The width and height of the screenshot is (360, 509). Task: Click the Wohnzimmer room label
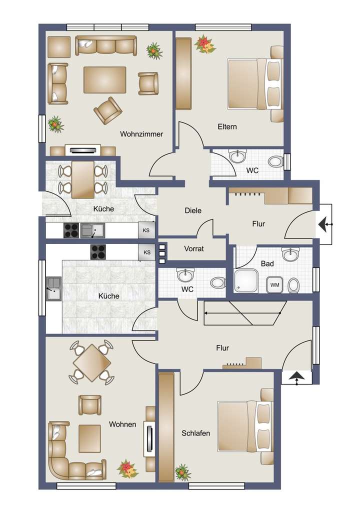[142, 134]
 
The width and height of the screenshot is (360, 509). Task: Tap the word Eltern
[227, 126]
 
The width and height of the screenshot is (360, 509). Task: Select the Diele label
[192, 210]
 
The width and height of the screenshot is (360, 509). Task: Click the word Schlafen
[195, 433]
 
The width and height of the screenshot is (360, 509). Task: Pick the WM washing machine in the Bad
[275, 284]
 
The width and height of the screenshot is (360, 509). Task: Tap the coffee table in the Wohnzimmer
[104, 79]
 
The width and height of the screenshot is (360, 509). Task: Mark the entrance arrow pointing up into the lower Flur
[296, 378]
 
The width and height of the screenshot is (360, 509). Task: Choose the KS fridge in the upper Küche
[146, 230]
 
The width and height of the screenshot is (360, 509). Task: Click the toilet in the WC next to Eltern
[274, 161]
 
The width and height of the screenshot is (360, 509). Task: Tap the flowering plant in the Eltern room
[204, 44]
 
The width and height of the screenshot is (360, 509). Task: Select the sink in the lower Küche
[52, 288]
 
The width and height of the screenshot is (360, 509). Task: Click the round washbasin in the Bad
[289, 255]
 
